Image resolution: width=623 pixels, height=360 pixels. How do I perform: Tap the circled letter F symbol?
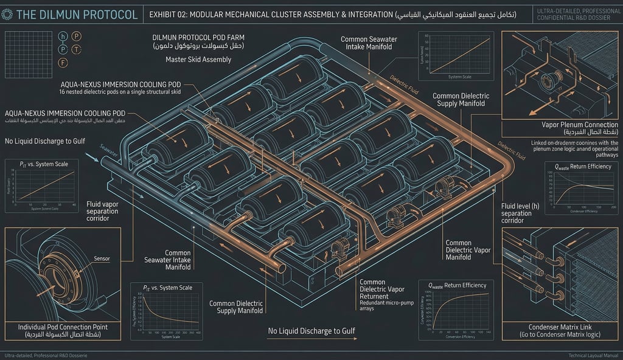click(63, 63)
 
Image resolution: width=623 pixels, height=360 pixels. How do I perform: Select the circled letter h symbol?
click(63, 36)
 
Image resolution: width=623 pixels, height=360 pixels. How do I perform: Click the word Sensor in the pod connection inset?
click(103, 258)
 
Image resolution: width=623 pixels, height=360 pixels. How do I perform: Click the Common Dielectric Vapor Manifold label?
click(467, 250)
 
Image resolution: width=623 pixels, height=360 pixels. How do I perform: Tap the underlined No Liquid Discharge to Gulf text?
click(311, 331)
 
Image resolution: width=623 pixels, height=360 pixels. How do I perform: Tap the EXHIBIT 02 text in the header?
click(167, 13)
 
